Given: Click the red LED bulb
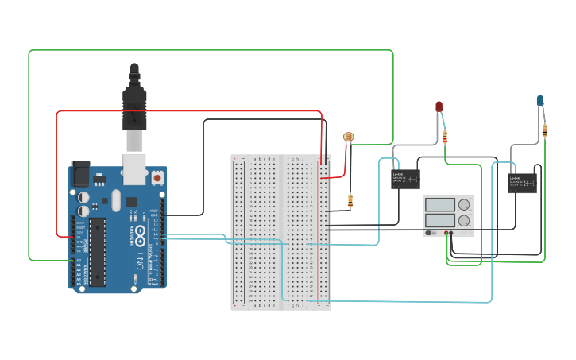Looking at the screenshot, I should pos(439,106).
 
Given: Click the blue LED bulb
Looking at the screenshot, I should pos(540,100).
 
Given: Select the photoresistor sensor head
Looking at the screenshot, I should pos(348,137).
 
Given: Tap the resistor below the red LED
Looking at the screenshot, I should pos(445,137).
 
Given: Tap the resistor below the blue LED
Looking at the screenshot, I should pos(545,131).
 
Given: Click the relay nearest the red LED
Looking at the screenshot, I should pos(405,179).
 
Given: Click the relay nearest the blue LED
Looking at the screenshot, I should pos(522,183).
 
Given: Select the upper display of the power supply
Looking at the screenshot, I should pos(439,204).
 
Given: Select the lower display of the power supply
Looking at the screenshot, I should pos(439,219).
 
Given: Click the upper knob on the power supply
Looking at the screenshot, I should pos(463,205).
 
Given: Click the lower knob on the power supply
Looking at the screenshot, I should pos(463,220).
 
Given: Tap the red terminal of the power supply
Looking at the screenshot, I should pos(452,234).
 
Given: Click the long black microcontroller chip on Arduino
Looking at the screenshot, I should pos(97,250).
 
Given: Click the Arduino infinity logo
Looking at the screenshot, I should pos(140,235).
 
